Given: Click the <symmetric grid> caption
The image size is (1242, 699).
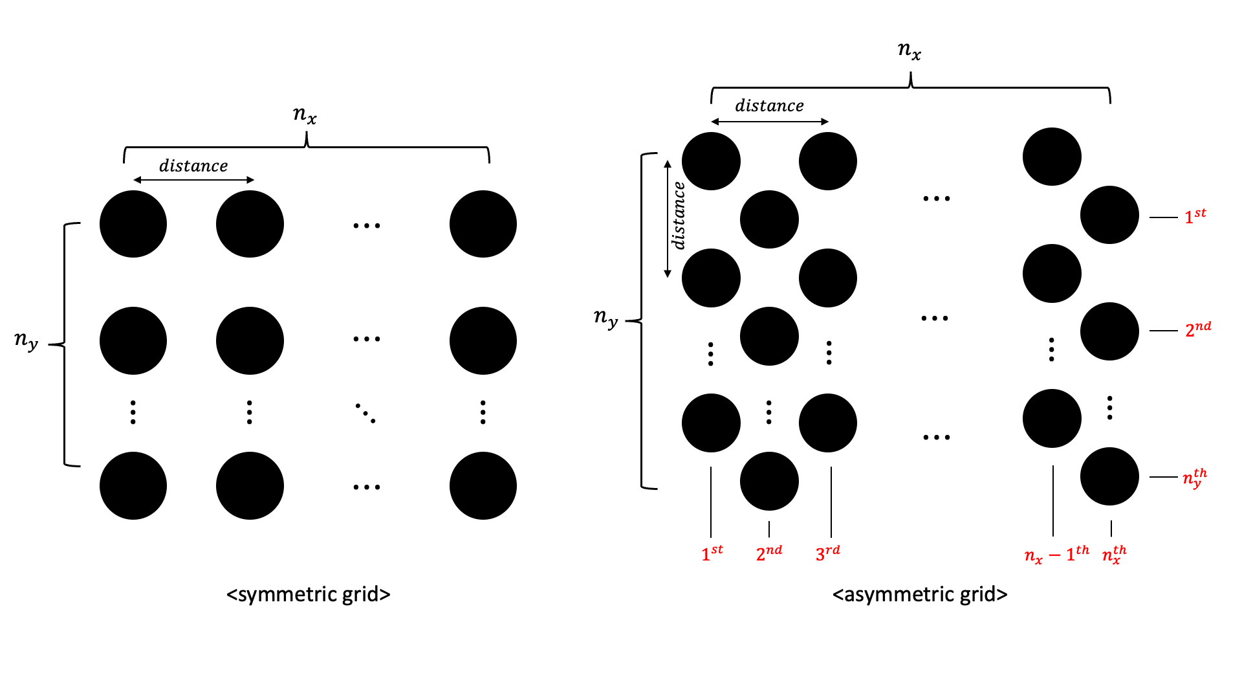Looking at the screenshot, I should click(308, 594).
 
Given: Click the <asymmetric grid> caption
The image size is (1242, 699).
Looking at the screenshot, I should click(920, 594).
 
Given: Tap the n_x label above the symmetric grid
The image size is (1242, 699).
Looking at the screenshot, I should click(305, 115).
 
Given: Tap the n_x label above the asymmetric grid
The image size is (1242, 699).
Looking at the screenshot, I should click(910, 50).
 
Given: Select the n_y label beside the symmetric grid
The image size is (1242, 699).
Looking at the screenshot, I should click(27, 340).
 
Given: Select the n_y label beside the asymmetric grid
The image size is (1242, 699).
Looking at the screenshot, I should click(606, 318).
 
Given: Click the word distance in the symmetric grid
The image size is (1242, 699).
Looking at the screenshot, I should click(193, 166).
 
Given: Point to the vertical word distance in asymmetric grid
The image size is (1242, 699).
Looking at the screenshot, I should click(679, 216).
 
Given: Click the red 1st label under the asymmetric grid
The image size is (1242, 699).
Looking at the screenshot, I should click(712, 553).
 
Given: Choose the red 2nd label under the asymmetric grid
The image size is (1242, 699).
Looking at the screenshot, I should click(769, 553).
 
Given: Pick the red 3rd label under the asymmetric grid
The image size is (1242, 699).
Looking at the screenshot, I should click(828, 553).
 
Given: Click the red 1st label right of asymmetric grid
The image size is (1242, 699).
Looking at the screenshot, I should click(1195, 216).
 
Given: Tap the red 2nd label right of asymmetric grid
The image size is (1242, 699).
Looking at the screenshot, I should click(1198, 329).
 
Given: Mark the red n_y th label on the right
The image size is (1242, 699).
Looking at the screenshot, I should click(1195, 478).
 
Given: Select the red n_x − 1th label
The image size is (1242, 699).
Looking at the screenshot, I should click(1056, 554).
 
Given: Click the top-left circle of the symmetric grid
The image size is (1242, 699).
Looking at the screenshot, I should click(133, 224).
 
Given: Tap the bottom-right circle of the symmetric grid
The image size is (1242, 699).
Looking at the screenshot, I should click(483, 485).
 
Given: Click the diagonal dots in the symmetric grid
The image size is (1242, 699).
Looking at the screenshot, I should click(365, 413).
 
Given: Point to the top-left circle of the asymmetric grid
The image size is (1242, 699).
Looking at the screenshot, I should click(711, 161).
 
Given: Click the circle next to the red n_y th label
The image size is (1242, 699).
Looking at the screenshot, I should click(1109, 476).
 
